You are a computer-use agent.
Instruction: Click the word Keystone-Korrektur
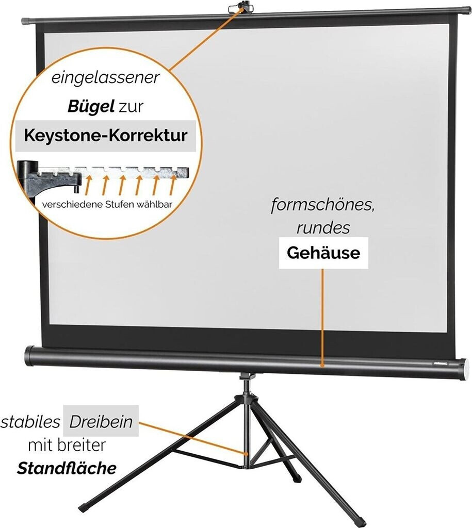tap(105, 136)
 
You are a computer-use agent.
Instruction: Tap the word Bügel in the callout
tap(91, 106)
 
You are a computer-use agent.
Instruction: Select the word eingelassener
tap(105, 78)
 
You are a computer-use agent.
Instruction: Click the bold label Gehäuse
tap(323, 253)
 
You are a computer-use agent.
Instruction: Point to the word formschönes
tap(323, 205)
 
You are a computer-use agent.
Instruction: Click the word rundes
tap(323, 228)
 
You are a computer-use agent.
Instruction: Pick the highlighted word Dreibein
tap(101, 422)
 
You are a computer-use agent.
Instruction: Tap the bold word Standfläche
tap(67, 468)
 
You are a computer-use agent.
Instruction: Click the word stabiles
tap(30, 422)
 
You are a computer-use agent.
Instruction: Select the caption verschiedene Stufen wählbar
tap(107, 204)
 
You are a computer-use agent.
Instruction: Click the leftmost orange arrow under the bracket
tap(88, 185)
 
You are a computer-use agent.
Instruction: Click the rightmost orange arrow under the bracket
tap(172, 185)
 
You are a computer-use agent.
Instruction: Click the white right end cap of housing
tap(465, 369)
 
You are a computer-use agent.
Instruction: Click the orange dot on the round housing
tap(322, 365)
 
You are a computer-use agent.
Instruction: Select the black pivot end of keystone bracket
tap(29, 169)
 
